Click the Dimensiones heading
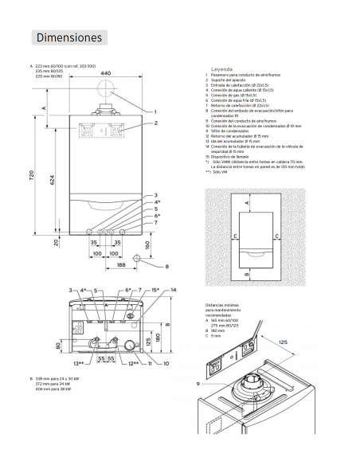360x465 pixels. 68,37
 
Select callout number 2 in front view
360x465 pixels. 156,123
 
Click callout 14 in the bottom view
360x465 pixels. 172,290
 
